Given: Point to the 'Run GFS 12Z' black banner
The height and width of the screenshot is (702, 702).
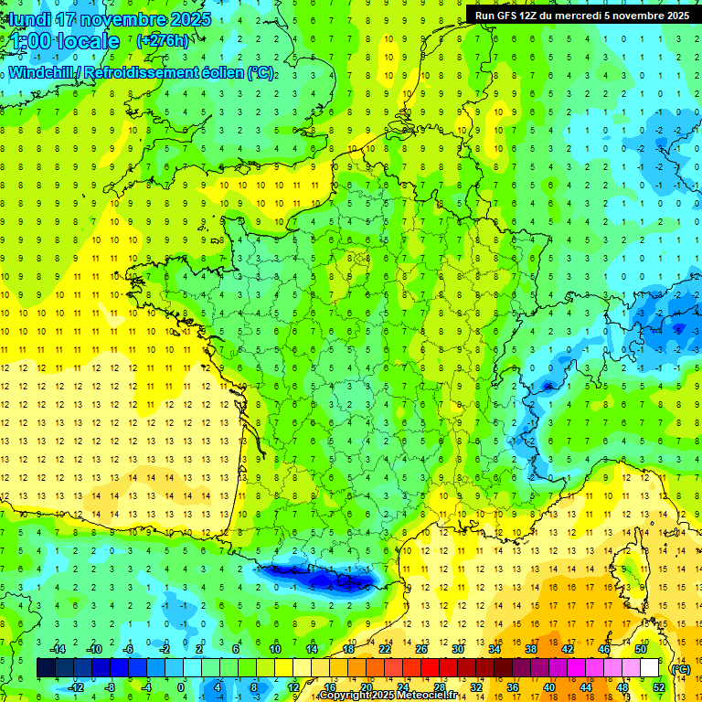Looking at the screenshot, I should click(x=582, y=15).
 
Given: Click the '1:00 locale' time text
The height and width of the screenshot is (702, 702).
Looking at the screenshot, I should click(x=64, y=41).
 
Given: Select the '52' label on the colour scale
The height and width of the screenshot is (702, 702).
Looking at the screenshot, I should click(x=658, y=686).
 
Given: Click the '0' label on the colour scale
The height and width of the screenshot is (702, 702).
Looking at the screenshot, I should click(x=181, y=686).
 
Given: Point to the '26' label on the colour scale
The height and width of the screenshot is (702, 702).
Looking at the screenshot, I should click(x=421, y=649).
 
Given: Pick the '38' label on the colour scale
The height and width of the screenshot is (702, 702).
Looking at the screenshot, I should click(x=530, y=649).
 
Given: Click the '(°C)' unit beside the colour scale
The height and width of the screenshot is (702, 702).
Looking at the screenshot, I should click(x=680, y=668).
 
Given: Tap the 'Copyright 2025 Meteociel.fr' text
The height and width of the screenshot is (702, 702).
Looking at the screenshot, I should click(x=388, y=696).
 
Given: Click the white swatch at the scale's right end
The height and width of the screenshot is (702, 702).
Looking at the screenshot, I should click(x=649, y=667).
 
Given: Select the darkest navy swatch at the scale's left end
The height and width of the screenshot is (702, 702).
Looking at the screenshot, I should click(x=46, y=667).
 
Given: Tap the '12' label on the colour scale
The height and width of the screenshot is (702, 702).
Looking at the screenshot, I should click(x=293, y=686).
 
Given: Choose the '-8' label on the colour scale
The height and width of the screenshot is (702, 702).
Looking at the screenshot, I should click(x=111, y=686).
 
